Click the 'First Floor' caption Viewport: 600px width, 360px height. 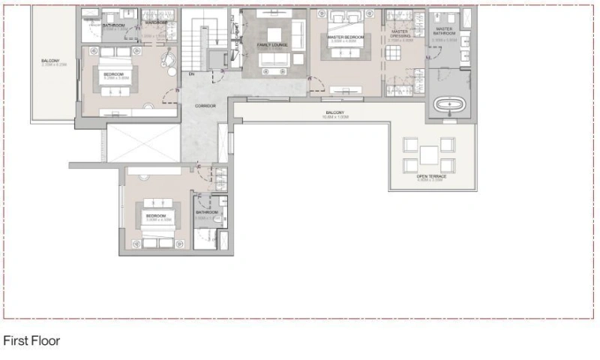(31, 340)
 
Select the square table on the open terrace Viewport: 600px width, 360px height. (429, 155)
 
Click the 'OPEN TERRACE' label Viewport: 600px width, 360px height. (431, 177)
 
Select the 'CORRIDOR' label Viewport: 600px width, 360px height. (205, 106)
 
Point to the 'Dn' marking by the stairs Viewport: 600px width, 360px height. (192, 74)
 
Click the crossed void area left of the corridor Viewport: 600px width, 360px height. (142, 142)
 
